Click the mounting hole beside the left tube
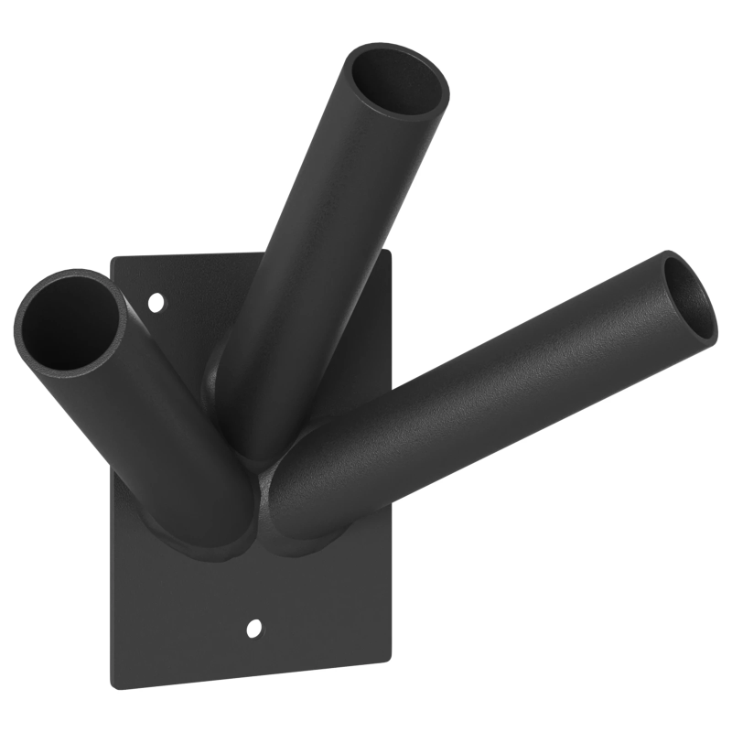coord(156,300)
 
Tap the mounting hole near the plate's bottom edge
coord(254,628)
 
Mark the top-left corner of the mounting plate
coord(113,259)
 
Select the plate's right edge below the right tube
coord(393,586)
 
